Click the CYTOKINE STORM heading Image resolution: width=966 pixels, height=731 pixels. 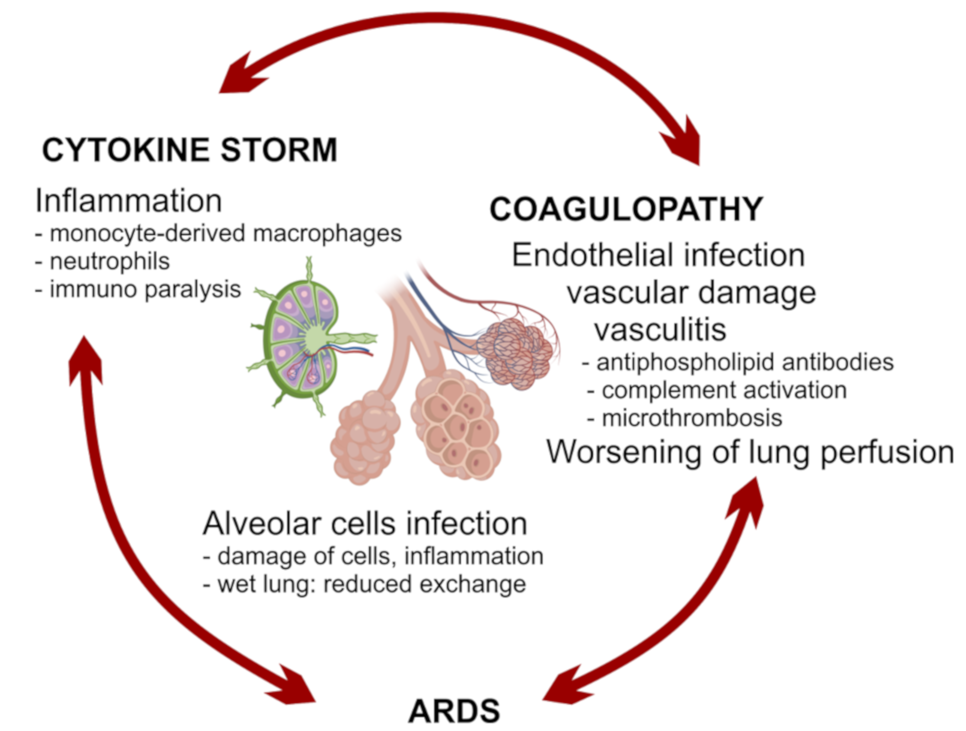[x=189, y=150]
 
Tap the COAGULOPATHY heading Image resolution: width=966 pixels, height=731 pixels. [x=626, y=209]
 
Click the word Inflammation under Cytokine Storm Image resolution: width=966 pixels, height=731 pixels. [x=128, y=201]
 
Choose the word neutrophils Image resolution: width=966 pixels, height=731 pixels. [x=109, y=262]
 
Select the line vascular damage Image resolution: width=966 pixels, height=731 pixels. [x=691, y=292]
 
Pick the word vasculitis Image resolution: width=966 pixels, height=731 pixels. [x=660, y=330]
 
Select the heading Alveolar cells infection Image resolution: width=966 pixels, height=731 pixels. [x=365, y=524]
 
